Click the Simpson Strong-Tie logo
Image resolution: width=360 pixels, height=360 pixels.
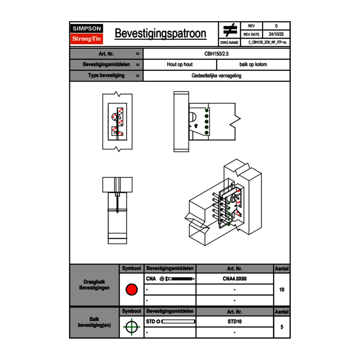pyautogui.click(x=87, y=34)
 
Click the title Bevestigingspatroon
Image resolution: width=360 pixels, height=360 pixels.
pyautogui.click(x=160, y=34)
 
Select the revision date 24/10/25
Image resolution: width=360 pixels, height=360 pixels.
pyautogui.click(x=276, y=34)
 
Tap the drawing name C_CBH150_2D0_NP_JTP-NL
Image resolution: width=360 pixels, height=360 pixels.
pyautogui.click(x=268, y=42)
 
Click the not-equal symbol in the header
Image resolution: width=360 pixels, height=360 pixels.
pyautogui.click(x=230, y=30)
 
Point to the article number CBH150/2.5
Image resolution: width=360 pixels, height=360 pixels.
pyautogui.click(x=216, y=54)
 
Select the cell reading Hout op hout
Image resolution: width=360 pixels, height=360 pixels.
pyautogui.click(x=180, y=65)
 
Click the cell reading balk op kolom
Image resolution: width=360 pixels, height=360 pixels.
pyautogui.click(x=253, y=65)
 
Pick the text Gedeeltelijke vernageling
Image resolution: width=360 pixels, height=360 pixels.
pyautogui.click(x=216, y=76)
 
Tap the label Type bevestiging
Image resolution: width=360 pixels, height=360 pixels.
pyautogui.click(x=106, y=76)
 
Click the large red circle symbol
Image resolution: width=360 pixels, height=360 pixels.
pyautogui.click(x=131, y=290)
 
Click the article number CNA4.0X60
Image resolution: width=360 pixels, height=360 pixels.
pyautogui.click(x=234, y=279)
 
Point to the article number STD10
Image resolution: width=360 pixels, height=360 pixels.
pyautogui.click(x=234, y=322)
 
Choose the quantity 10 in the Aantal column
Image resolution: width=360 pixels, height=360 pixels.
pyautogui.click(x=281, y=290)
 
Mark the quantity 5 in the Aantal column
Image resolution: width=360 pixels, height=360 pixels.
pyautogui.click(x=281, y=327)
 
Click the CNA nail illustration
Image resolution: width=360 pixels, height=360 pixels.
pyautogui.click(x=178, y=279)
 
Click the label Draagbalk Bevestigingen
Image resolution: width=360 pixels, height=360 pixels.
pyautogui.click(x=94, y=285)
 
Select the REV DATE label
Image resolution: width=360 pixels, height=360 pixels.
pyautogui.click(x=251, y=34)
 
